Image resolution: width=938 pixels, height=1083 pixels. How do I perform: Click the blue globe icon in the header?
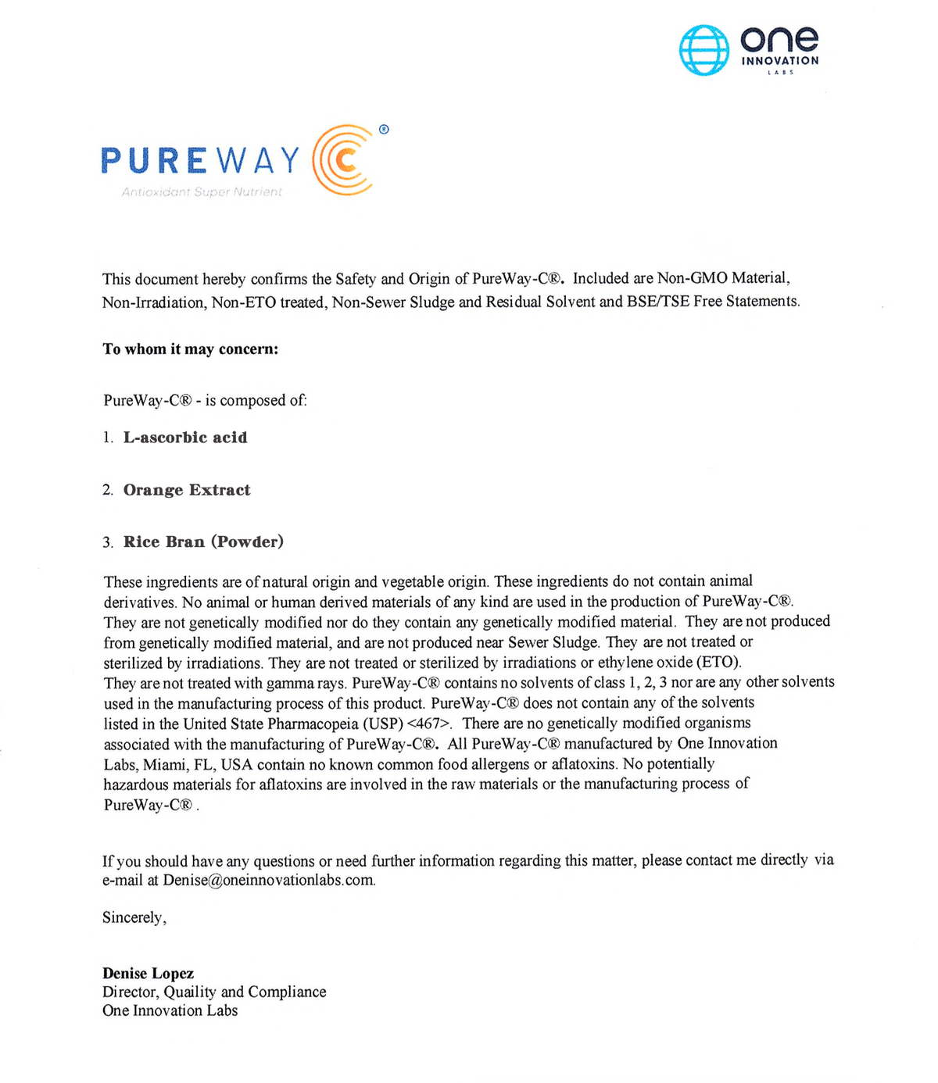tap(703, 50)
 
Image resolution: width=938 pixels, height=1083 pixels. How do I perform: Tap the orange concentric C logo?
tap(342, 160)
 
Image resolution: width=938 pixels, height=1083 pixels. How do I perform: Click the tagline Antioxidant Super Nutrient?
tap(202, 192)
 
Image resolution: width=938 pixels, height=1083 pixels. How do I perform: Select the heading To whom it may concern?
tap(190, 349)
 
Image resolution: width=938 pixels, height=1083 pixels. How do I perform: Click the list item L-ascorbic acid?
tap(185, 438)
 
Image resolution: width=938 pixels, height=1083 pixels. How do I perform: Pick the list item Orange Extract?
tap(187, 490)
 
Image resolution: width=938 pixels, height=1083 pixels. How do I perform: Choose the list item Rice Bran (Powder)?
tap(203, 541)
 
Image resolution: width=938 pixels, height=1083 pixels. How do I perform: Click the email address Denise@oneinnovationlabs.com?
tap(269, 880)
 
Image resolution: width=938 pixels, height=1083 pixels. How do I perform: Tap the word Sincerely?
tap(134, 917)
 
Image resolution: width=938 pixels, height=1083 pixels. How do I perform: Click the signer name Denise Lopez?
tap(148, 973)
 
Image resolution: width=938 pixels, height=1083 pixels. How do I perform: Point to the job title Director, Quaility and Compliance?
tap(214, 992)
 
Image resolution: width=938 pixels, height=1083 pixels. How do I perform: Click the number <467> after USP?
tap(429, 723)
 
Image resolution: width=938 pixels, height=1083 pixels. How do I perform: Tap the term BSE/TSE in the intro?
tap(657, 302)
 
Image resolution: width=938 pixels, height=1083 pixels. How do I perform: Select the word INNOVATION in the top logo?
tap(779, 61)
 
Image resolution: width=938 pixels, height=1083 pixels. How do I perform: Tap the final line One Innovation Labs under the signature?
tap(170, 1010)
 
